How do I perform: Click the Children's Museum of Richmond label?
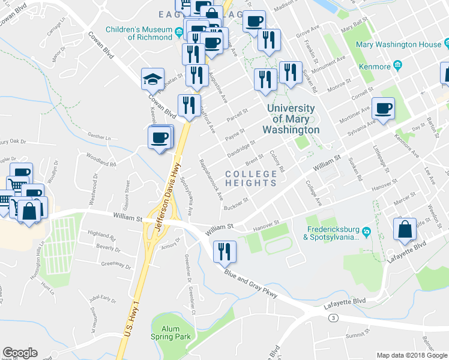[x=139, y=32]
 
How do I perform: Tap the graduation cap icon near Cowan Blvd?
[x=152, y=79]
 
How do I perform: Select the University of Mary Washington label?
[x=291, y=119]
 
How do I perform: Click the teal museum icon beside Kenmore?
[x=397, y=65]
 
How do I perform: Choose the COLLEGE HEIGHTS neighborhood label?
[x=251, y=179]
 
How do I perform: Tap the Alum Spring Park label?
[x=171, y=332]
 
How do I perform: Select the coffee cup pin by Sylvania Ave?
[x=383, y=109]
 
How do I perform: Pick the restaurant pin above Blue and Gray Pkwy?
[x=224, y=251]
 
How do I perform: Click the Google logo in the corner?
[x=20, y=353]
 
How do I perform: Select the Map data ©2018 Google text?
[x=411, y=355]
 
